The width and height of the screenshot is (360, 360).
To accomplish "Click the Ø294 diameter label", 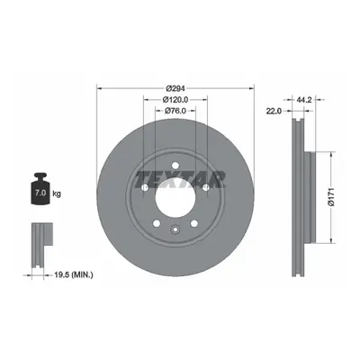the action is (x=175, y=88).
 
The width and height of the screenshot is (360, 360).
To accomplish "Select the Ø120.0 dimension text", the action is (x=175, y=100).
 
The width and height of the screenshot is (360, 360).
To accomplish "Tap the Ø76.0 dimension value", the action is (x=175, y=111).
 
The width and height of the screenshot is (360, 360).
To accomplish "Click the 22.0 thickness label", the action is (x=273, y=111).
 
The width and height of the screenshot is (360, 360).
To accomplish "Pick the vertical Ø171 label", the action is (x=331, y=197).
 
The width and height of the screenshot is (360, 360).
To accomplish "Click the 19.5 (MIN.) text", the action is (x=73, y=274).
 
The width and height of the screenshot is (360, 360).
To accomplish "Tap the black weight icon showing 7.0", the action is (x=40, y=189).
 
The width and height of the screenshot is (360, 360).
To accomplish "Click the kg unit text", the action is (x=57, y=193).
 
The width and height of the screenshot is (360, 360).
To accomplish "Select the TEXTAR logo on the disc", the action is (x=180, y=179).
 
